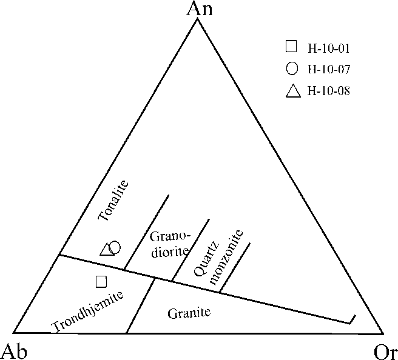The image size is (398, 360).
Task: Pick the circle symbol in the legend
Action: [x=292, y=68]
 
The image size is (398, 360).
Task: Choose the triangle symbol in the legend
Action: [x=293, y=91]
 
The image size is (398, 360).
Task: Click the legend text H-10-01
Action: [x=330, y=47]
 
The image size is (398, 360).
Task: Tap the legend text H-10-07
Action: [x=330, y=69]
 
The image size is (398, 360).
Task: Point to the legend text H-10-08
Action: [x=330, y=92]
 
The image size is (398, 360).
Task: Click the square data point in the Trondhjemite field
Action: [x=101, y=281]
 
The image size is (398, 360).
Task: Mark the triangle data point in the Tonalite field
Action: [x=107, y=248]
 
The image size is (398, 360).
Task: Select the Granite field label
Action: [x=188, y=313]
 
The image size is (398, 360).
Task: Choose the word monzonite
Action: [x=226, y=258]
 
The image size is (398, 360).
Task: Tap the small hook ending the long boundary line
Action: [x=352, y=319]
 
